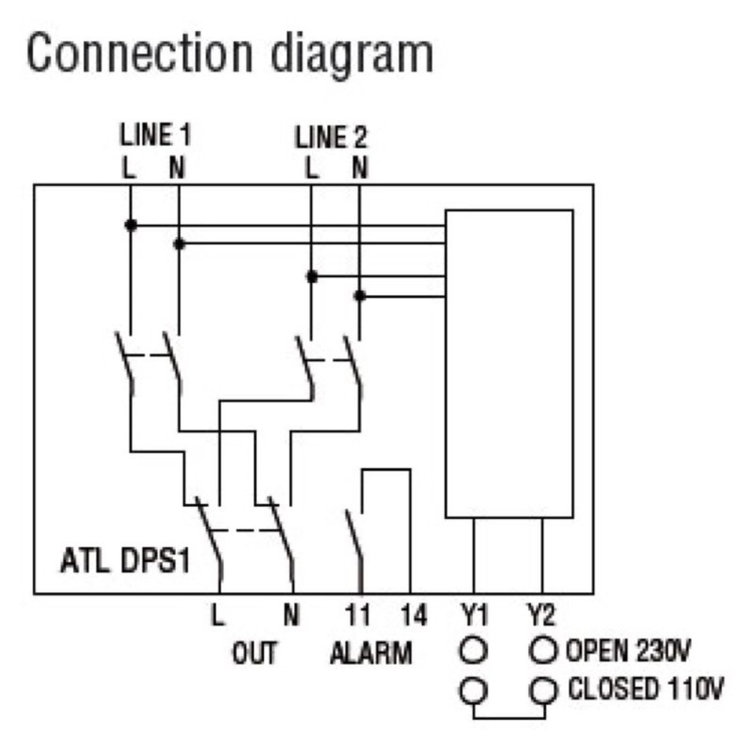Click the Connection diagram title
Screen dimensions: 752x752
click(229, 54)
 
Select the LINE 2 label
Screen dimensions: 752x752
click(332, 137)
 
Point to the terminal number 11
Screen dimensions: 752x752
click(358, 618)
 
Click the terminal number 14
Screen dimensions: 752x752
click(411, 618)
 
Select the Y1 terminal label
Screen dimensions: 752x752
click(475, 618)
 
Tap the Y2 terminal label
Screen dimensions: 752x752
click(542, 618)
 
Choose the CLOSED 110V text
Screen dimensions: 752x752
click(645, 690)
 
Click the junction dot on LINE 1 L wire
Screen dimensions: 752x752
click(131, 225)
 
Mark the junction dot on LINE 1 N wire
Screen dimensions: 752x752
click(179, 243)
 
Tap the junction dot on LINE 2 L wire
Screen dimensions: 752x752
click(312, 276)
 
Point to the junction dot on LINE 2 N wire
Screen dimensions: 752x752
click(359, 295)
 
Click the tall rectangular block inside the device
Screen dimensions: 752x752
click(509, 363)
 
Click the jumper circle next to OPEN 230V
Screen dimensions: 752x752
click(543, 649)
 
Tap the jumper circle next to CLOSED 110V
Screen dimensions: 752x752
click(543, 691)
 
